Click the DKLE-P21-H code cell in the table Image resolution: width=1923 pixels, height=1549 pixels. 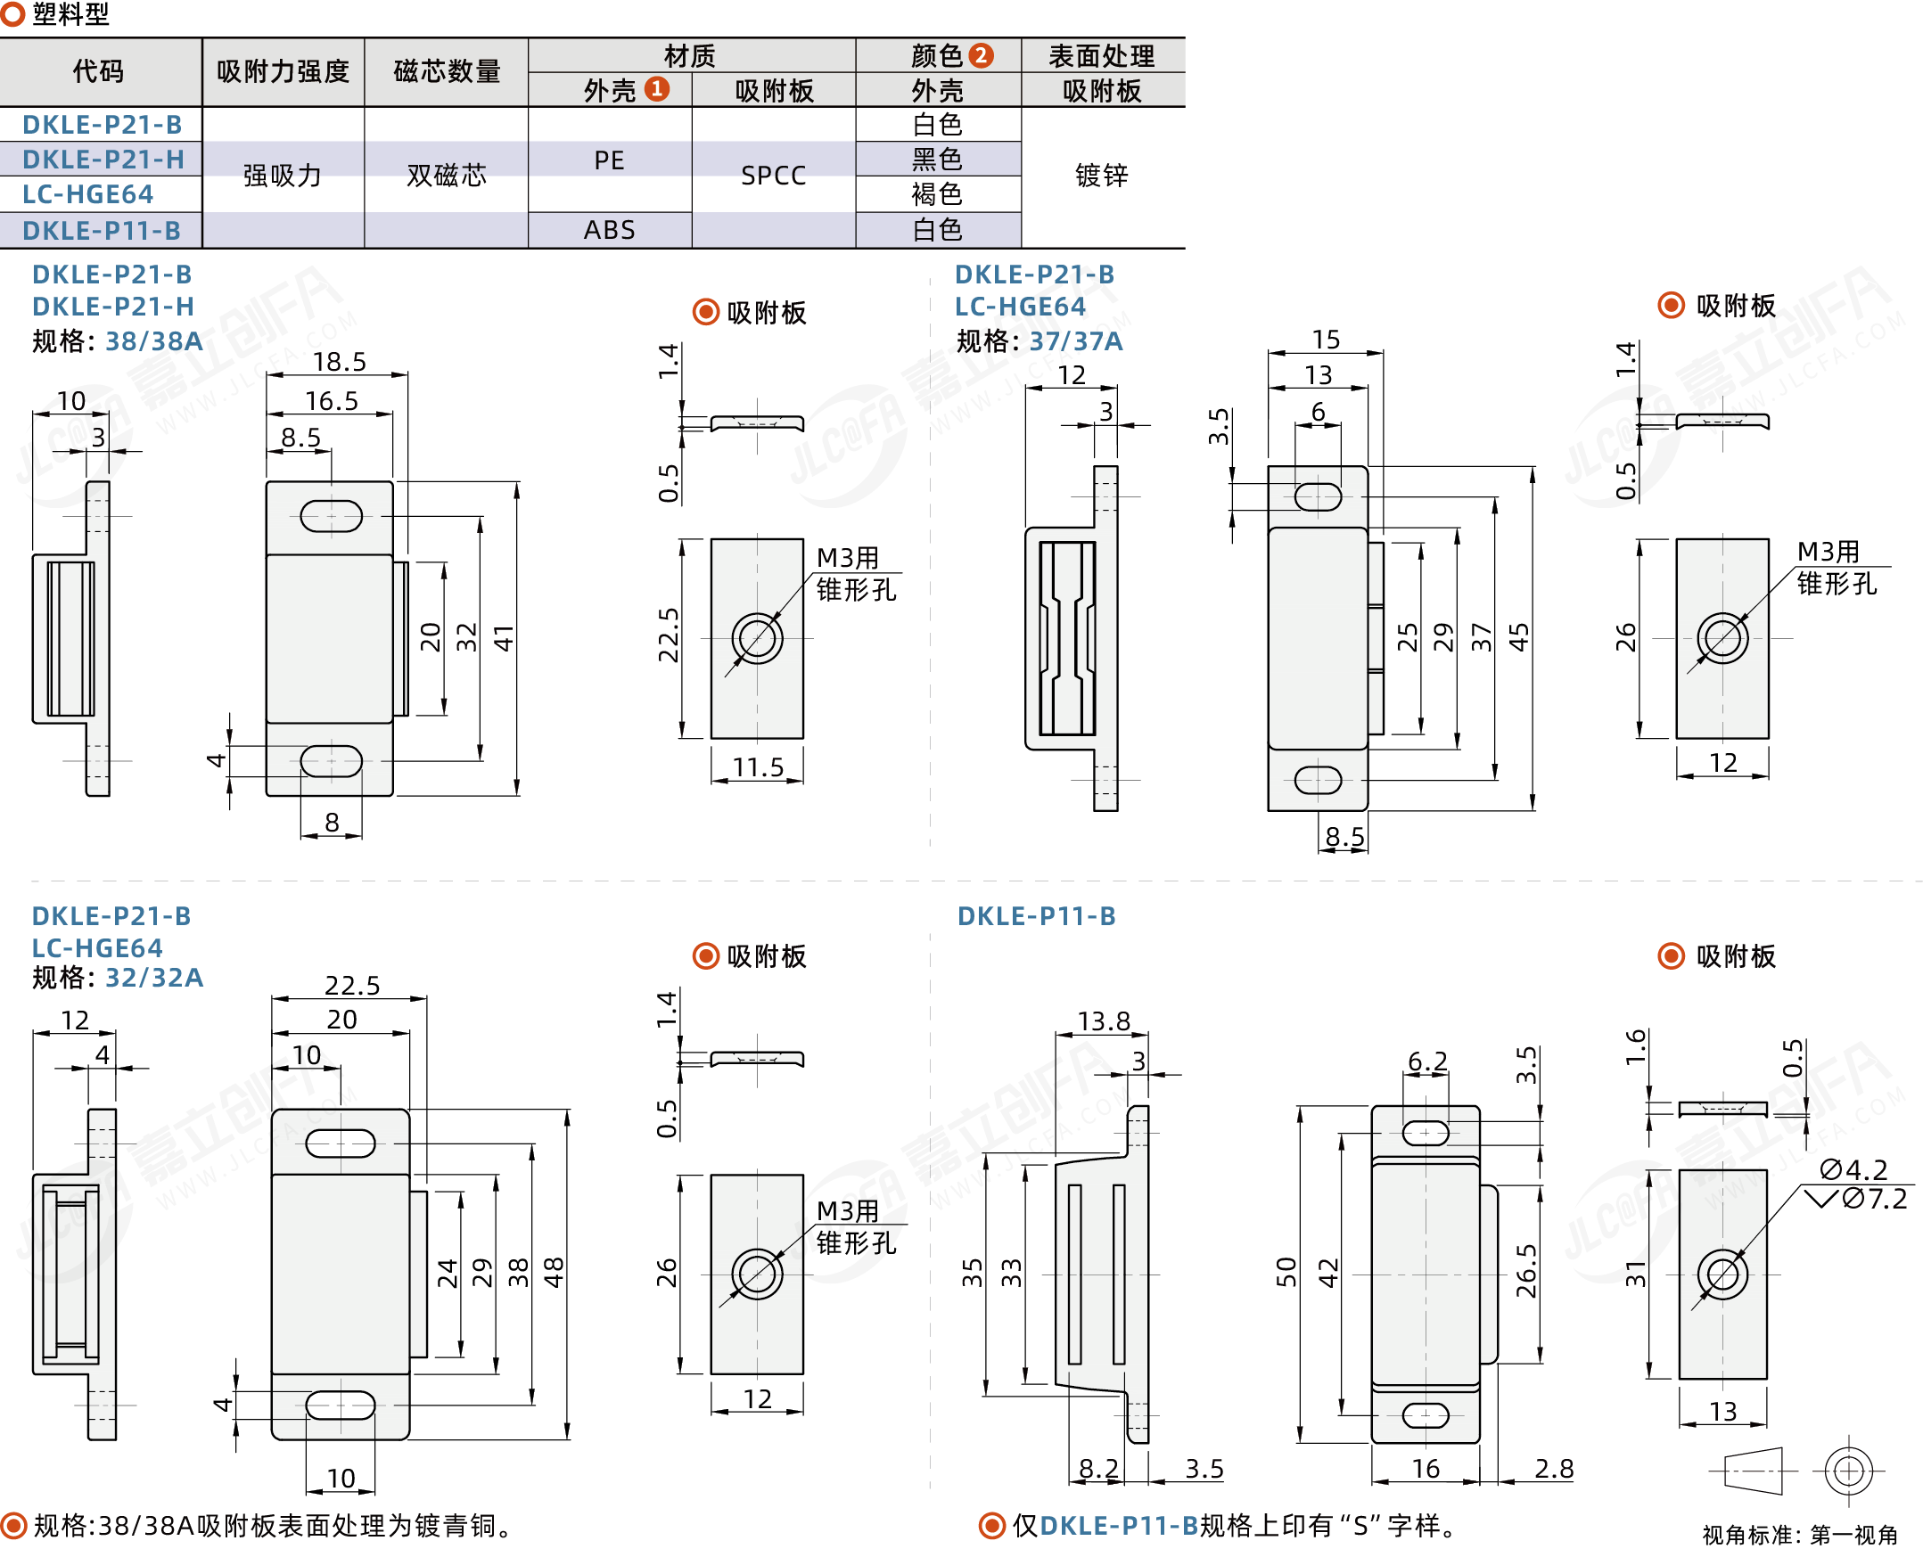[103, 159]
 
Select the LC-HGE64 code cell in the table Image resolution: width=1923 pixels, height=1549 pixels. [87, 193]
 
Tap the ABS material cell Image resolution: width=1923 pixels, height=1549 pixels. [610, 229]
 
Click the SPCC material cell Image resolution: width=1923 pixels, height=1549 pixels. [773, 176]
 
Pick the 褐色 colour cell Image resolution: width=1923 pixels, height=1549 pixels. [937, 193]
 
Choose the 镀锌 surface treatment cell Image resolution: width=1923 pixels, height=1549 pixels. [1101, 176]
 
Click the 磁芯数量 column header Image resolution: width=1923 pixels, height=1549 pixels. [446, 71]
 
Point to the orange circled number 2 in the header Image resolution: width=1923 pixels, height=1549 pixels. [981, 55]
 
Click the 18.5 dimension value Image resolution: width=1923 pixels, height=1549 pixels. [339, 361]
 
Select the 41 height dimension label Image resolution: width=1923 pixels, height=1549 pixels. [504, 638]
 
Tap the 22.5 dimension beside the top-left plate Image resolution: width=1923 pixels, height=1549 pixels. [669, 635]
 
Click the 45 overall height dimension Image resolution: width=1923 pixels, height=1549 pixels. [1518, 637]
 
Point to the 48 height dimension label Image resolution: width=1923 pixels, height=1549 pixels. [554, 1273]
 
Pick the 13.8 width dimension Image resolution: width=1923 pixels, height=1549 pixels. [1103, 1020]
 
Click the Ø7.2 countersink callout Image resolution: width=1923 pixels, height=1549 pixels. [1874, 1199]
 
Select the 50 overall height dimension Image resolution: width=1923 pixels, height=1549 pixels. [1286, 1272]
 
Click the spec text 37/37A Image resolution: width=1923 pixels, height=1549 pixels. [1075, 340]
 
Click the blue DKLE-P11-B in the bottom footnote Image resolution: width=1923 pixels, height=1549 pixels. [1119, 1525]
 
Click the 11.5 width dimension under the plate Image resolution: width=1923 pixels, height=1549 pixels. [758, 766]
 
